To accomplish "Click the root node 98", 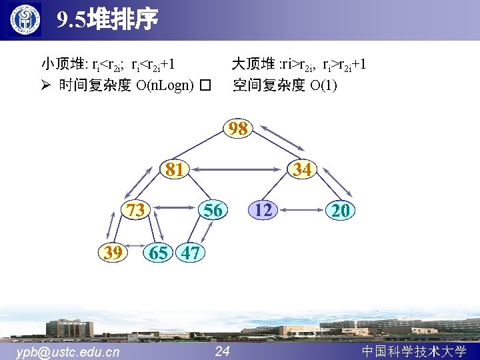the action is pos(238,129).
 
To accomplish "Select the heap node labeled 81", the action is pos(175,170).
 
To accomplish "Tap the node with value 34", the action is pos(303,170).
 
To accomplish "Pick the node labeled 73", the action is pos(136,211).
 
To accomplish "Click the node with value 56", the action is pos(213,211).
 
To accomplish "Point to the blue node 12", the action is pos(264,211).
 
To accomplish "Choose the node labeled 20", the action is pos(341,211).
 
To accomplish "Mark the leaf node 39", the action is pos(113,253).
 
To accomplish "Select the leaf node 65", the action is pos(159,253).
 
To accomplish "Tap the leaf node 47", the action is pos(191,253).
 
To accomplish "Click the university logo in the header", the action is pos(25,20).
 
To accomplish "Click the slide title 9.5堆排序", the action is pos(107,21).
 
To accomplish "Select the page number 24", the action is pos(223,351).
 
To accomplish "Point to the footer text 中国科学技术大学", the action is pos(413,351).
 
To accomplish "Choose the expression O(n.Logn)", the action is pos(165,85).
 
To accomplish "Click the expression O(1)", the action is pos(323,85).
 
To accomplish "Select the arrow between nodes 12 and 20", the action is pos(302,211).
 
